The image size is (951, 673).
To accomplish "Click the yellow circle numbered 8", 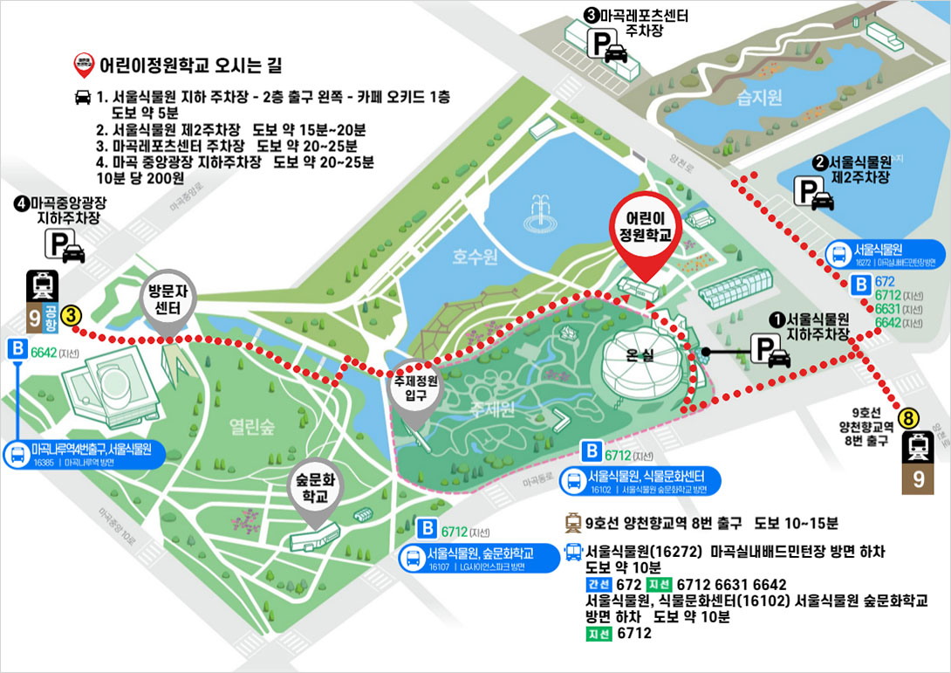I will point(911,418).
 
